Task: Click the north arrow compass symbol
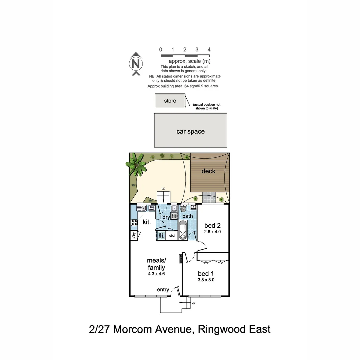coord(136,63)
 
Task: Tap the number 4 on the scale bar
coord(209,50)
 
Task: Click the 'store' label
coord(170,101)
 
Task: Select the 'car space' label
coord(190,132)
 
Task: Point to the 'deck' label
coord(208,171)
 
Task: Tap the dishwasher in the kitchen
coord(152,208)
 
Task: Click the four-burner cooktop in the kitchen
coord(134,222)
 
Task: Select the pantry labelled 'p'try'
coord(133,235)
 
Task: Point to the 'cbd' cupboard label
coord(172,236)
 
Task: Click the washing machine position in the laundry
coord(173,216)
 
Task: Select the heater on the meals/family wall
coord(181,259)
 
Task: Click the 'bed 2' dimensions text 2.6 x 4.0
coord(213,231)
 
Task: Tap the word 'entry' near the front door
coord(163,290)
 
